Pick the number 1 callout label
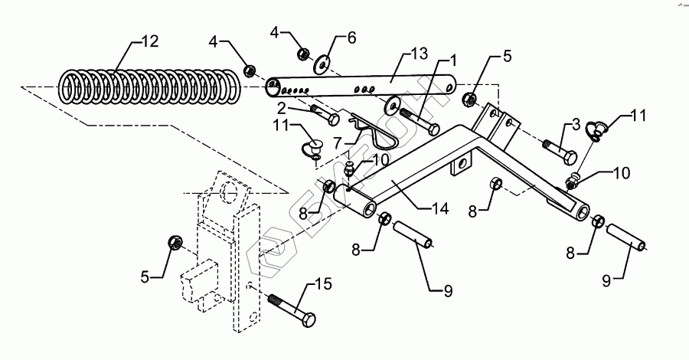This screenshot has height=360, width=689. click(x=453, y=59)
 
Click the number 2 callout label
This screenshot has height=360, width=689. click(x=281, y=108)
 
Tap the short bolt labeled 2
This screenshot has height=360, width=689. click(x=325, y=116)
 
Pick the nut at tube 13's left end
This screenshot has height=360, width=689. click(x=249, y=72)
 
